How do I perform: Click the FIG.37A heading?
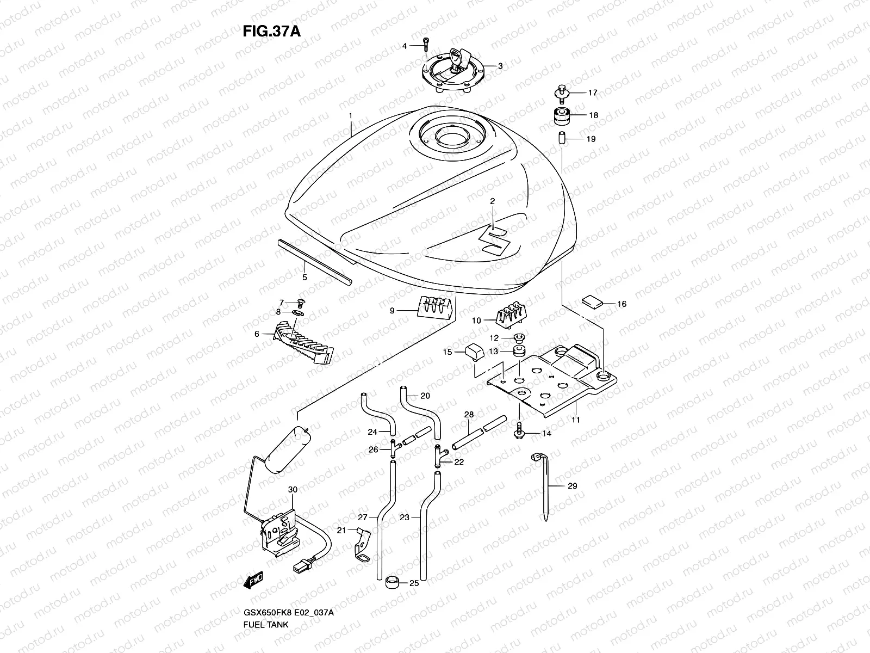(x=271, y=31)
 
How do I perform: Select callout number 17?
(x=592, y=93)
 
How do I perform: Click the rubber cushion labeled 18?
(x=560, y=116)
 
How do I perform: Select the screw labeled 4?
(x=427, y=46)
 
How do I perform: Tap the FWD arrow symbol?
(x=254, y=581)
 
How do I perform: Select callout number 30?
(x=293, y=490)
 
